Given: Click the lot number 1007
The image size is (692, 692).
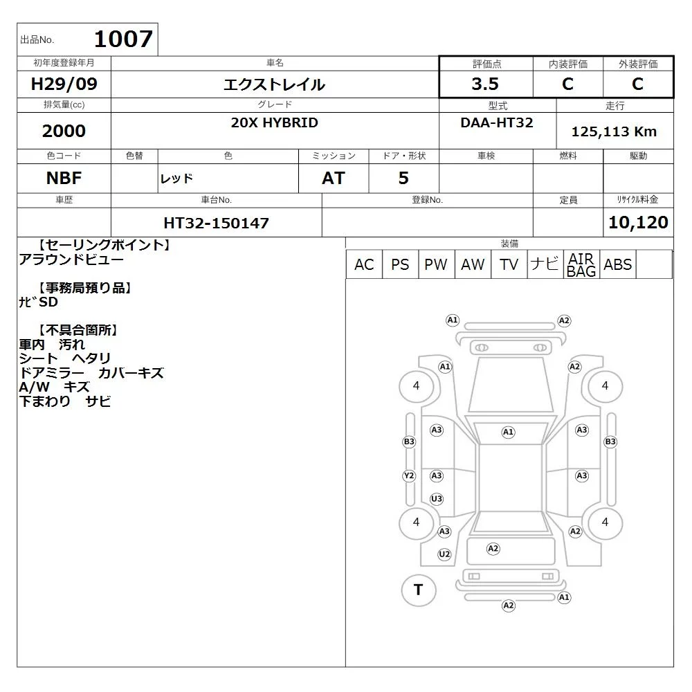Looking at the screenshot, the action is click(x=124, y=39).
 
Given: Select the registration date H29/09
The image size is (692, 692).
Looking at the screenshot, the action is click(x=64, y=84).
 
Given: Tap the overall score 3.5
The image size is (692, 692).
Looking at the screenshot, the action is click(x=485, y=84).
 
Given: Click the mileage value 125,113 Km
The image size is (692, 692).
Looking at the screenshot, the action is click(x=614, y=131).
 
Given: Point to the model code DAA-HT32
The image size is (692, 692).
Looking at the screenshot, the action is click(x=496, y=122).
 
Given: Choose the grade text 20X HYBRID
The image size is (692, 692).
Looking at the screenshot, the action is click(x=275, y=122).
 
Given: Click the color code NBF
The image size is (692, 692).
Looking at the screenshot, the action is click(x=64, y=179).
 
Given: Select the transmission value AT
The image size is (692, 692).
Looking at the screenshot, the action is click(x=334, y=179).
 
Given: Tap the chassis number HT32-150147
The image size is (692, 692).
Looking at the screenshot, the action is click(x=216, y=223).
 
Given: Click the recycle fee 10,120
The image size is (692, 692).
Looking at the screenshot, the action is click(x=638, y=222).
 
